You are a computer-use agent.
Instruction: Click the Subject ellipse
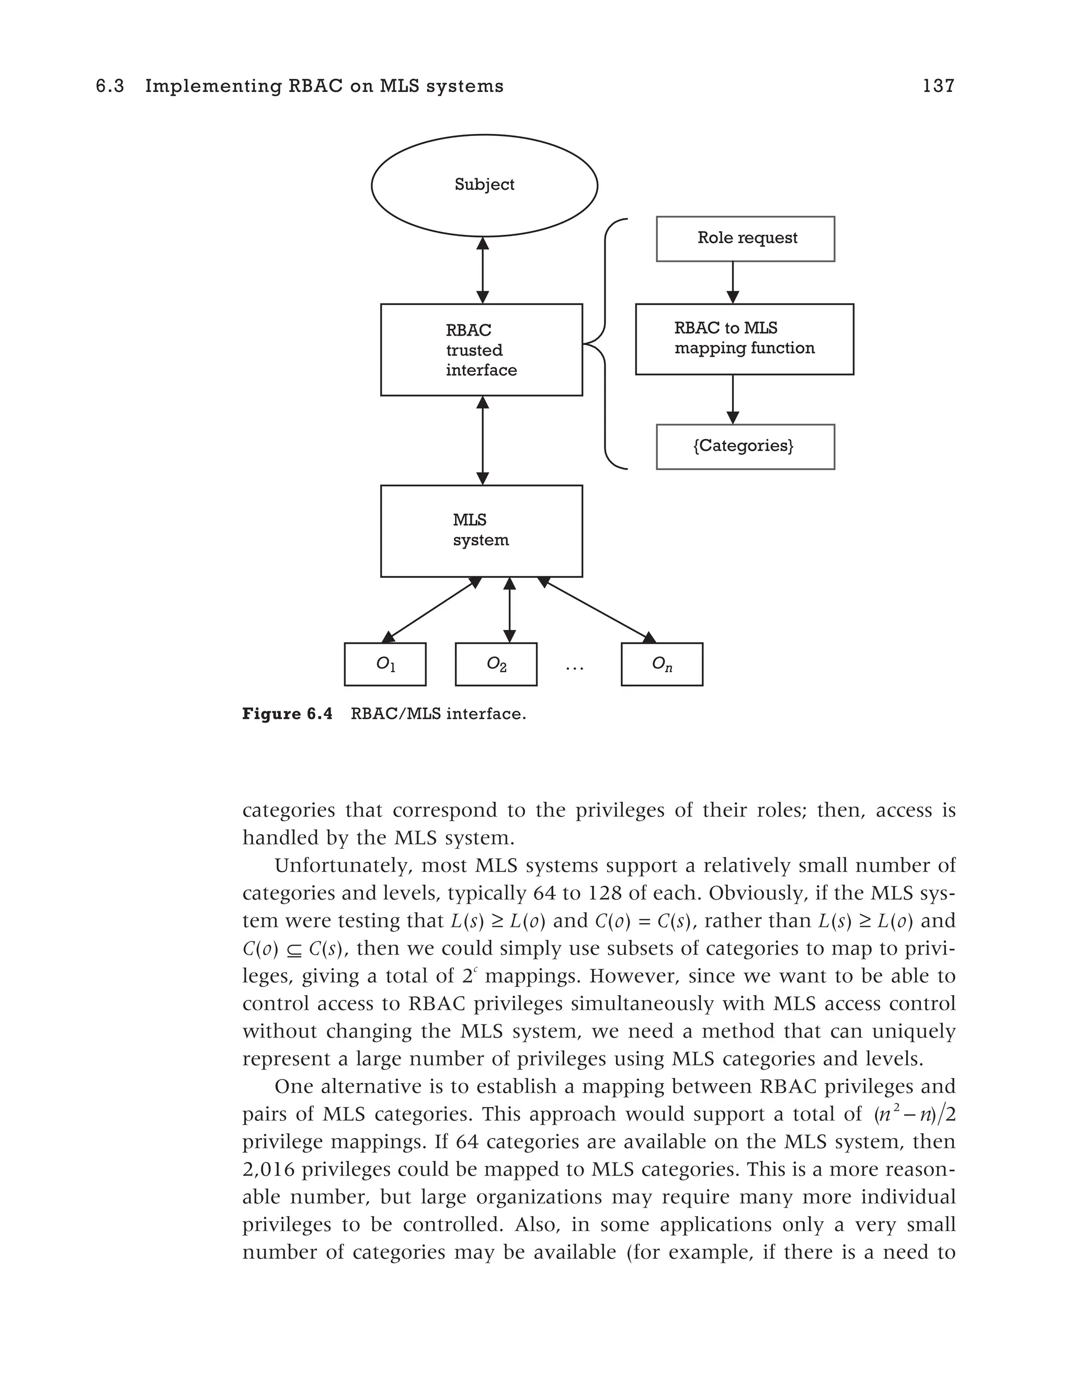click(x=484, y=185)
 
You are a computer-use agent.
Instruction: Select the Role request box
click(x=745, y=238)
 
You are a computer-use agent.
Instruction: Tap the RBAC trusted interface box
click(x=481, y=350)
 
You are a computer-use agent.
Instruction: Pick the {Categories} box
click(x=745, y=447)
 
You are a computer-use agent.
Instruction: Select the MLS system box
click(x=481, y=531)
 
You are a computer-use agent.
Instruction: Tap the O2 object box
click(x=496, y=664)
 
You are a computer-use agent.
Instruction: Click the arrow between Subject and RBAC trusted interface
click(x=483, y=270)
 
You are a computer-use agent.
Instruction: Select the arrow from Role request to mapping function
click(x=733, y=282)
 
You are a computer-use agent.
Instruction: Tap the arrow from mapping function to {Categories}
click(x=733, y=399)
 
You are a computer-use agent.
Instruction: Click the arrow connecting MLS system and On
click(x=596, y=610)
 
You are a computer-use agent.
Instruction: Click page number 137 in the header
click(x=938, y=86)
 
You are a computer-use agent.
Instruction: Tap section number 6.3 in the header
click(x=110, y=86)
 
